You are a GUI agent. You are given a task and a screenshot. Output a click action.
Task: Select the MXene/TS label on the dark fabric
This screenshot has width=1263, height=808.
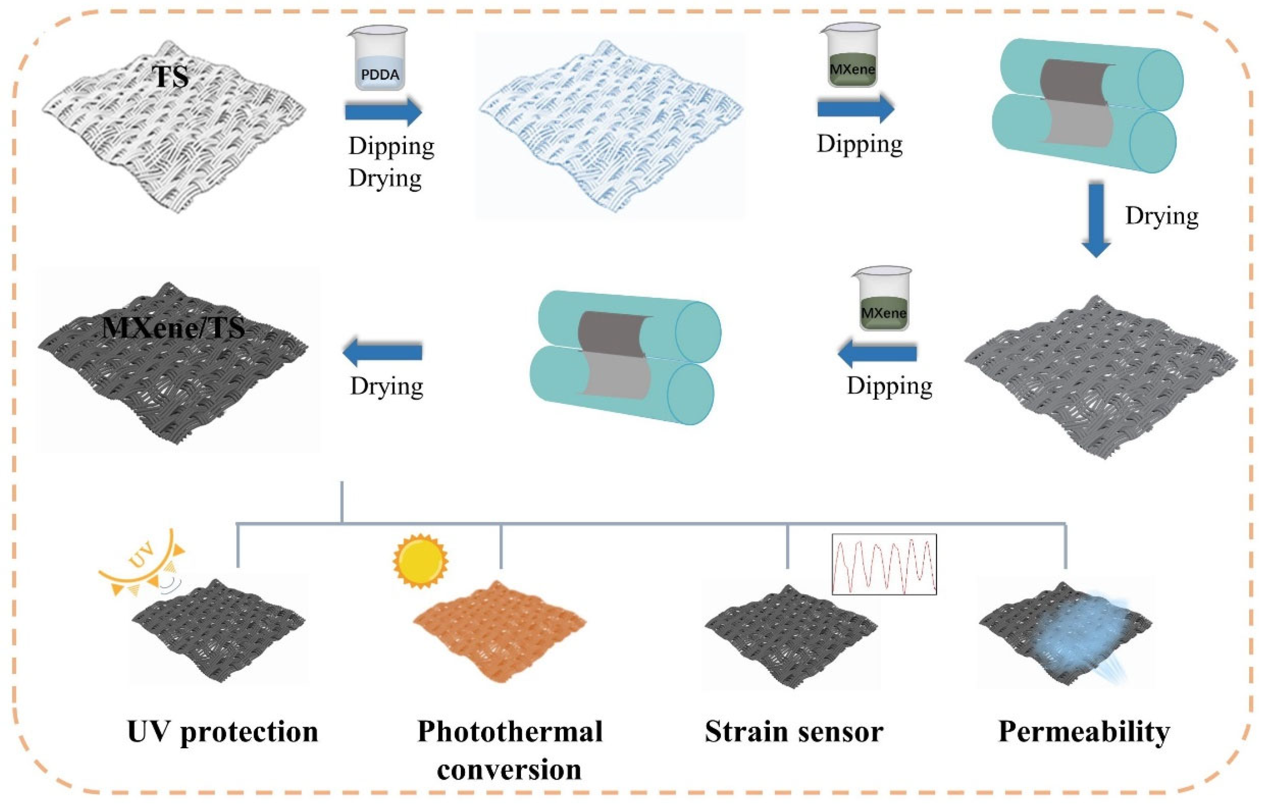[x=173, y=327]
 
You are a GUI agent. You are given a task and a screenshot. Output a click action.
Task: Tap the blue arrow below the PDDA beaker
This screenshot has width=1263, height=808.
[x=383, y=111]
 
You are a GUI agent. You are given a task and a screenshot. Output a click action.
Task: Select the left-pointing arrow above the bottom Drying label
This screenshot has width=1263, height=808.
[x=383, y=352]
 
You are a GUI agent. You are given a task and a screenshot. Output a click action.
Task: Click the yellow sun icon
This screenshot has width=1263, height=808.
[x=420, y=561]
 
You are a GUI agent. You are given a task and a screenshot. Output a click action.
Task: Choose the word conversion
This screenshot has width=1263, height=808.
[x=509, y=770]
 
